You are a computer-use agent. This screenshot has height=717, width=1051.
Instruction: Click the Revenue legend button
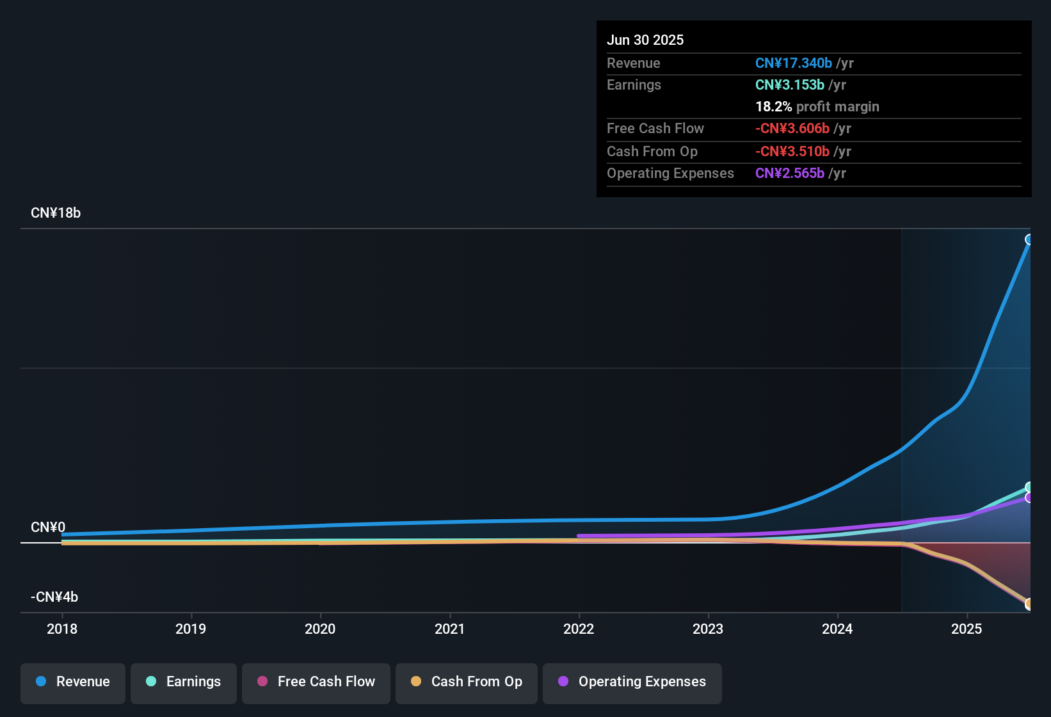click(73, 682)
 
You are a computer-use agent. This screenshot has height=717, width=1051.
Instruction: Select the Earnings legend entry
click(184, 682)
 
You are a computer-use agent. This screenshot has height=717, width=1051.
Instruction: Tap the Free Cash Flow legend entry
click(316, 682)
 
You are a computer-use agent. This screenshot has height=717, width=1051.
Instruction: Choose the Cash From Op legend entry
click(467, 682)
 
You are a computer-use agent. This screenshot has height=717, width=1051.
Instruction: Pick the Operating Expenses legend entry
click(632, 682)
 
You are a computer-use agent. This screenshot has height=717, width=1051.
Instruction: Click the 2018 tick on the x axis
click(62, 629)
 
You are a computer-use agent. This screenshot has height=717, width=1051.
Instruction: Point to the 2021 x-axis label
click(449, 629)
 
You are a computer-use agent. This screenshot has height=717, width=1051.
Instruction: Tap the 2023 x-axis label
click(708, 629)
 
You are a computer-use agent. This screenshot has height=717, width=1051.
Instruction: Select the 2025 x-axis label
click(967, 629)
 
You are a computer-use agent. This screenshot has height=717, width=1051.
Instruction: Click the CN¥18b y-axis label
click(56, 213)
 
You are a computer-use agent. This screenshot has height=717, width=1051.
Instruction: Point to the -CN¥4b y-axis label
click(54, 597)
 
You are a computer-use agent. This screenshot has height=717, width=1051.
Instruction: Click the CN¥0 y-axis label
click(48, 528)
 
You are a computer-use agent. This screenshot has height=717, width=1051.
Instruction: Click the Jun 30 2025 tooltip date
click(645, 40)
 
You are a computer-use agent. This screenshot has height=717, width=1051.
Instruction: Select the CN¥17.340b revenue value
click(793, 63)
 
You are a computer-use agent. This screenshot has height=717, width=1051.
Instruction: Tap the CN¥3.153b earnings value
click(789, 85)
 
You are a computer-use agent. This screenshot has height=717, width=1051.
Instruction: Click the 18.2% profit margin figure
click(773, 107)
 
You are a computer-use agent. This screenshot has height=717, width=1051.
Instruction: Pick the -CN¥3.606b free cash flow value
click(792, 129)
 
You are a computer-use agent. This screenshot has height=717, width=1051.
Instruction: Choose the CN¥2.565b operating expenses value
click(789, 173)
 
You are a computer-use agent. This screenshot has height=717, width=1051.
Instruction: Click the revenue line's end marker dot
click(1029, 239)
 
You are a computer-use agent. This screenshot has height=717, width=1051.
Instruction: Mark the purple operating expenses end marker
click(1029, 497)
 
